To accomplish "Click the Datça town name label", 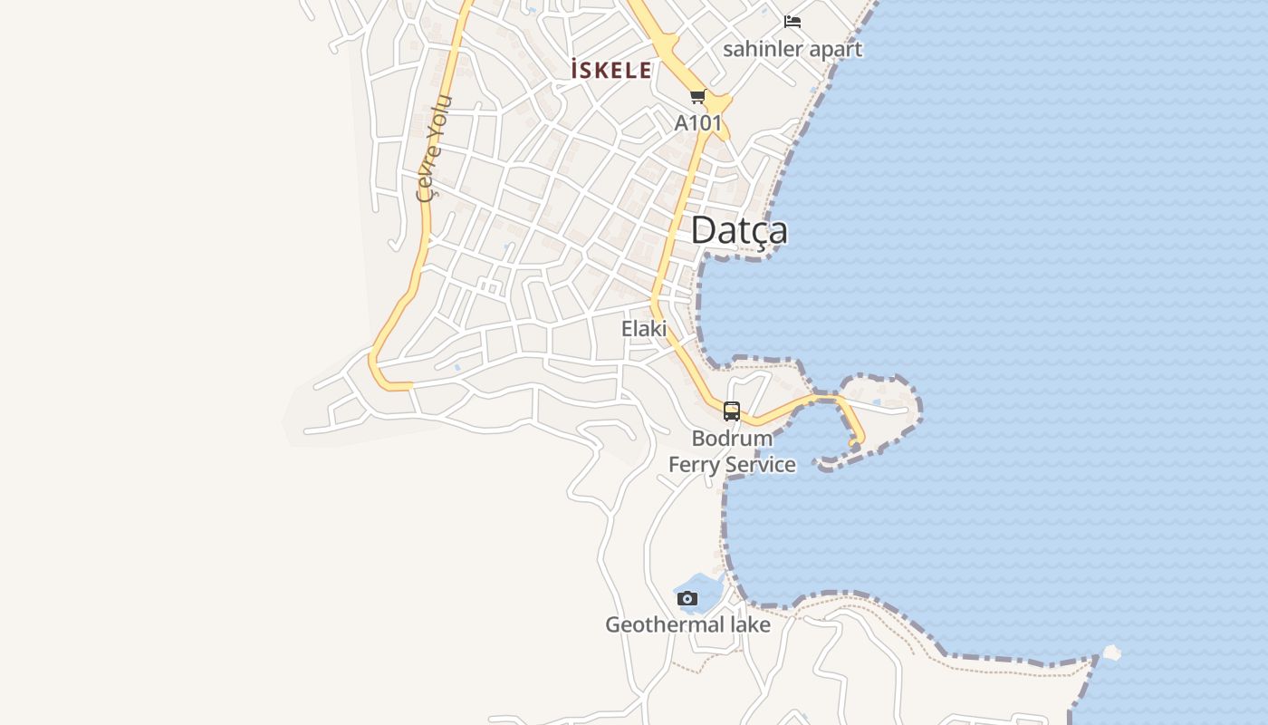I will tap(738, 231).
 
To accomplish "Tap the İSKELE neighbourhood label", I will tap(611, 70).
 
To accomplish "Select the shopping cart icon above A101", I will tap(697, 97).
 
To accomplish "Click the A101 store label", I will tap(698, 122).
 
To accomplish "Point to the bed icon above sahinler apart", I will tap(792, 22).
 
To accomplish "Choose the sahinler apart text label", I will tap(792, 49).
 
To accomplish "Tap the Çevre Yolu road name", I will tap(433, 147).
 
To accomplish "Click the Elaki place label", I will tap(644, 329).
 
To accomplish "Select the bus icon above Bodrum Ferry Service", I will tap(732, 411).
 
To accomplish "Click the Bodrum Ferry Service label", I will tap(732, 451).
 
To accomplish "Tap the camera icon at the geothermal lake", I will tap(687, 598).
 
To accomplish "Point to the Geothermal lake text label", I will tap(687, 624).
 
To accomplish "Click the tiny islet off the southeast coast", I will tap(1111, 652).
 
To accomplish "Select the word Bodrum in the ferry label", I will tap(732, 439).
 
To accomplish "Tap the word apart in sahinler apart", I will tap(835, 49).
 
